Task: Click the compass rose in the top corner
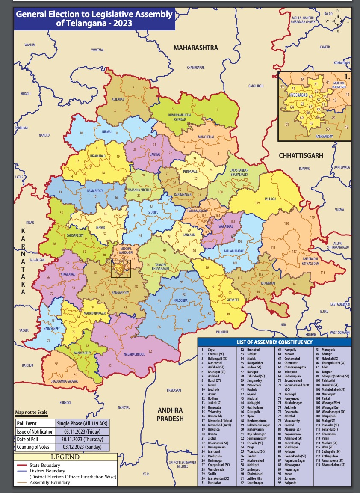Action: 338,20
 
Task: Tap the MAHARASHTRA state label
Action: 196,48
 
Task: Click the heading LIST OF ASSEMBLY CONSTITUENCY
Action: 274,342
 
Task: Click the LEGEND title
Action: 65,457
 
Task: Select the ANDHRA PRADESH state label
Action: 170,414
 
